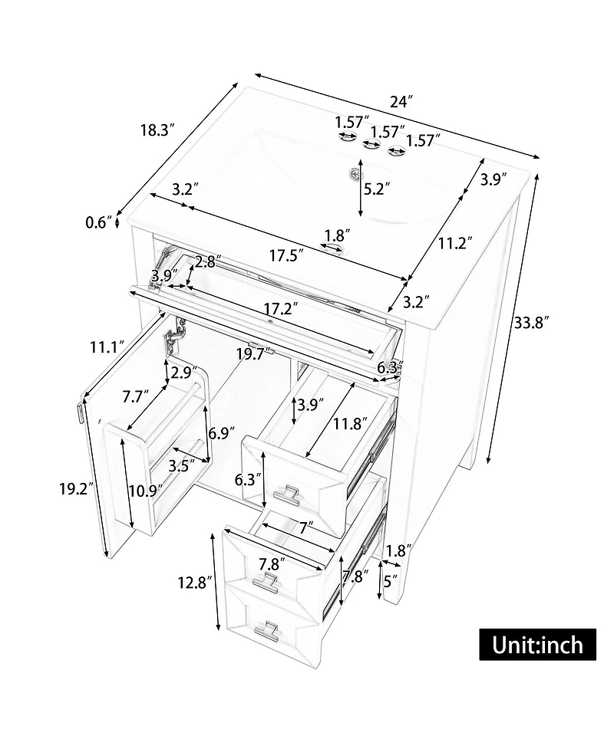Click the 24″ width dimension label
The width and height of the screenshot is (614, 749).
[401, 102]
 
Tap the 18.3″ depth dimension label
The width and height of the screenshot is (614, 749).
[157, 130]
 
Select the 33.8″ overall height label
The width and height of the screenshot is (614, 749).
[530, 323]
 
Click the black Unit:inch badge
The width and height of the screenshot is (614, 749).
[537, 645]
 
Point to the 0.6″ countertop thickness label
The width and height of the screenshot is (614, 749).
[98, 222]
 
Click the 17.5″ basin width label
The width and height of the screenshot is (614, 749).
[286, 256]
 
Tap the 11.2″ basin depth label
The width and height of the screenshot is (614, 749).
[456, 244]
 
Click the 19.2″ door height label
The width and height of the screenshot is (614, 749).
[75, 488]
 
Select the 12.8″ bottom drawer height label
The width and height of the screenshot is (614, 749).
[195, 583]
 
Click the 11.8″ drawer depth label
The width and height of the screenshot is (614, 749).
[351, 423]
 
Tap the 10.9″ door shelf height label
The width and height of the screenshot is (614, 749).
[146, 491]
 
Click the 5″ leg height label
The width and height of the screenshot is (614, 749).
[390, 581]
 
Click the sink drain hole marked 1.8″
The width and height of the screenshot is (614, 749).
[333, 247]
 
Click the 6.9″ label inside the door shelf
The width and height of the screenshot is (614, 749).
[221, 433]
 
